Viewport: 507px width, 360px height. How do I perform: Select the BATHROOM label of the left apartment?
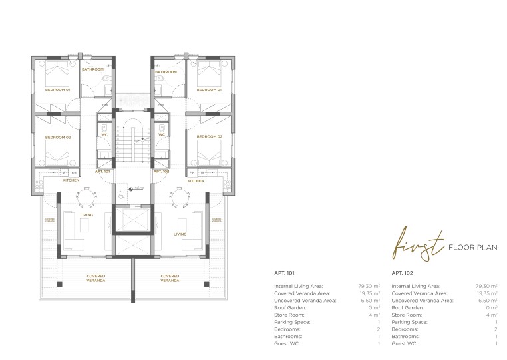[92, 69]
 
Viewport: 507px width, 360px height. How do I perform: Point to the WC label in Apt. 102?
[162, 135]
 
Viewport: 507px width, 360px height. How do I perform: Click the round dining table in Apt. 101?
[86, 196]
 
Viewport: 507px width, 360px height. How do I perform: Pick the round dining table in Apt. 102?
[176, 196]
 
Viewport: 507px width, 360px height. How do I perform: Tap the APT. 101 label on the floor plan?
[102, 171]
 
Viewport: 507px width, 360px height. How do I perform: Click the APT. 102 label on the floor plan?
[162, 171]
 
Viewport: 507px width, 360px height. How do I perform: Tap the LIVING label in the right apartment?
[180, 234]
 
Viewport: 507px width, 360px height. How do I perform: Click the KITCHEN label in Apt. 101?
[71, 180]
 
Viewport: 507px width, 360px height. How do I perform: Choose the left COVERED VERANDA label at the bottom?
[95, 278]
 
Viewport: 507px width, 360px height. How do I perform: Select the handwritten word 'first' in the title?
[416, 247]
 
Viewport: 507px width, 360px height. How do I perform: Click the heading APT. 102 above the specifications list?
[402, 273]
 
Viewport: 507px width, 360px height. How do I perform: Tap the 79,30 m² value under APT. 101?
[369, 285]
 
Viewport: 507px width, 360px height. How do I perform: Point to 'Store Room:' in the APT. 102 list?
[407, 315]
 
